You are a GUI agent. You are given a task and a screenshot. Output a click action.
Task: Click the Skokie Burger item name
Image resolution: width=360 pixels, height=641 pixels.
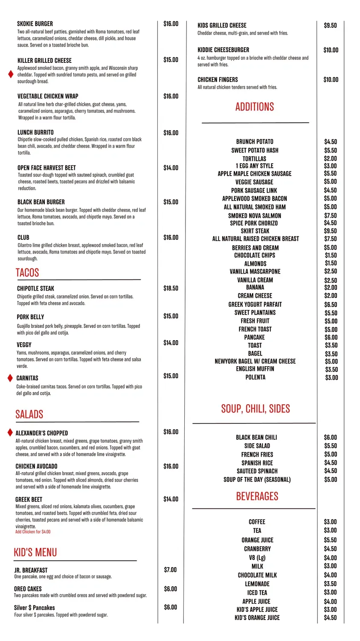pyautogui.click(x=35, y=24)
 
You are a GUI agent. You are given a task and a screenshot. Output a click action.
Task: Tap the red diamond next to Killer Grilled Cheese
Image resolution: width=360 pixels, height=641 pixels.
pyautogui.click(x=11, y=74)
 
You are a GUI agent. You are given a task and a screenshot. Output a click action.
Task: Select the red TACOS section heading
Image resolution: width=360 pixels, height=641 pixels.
pyautogui.click(x=27, y=273)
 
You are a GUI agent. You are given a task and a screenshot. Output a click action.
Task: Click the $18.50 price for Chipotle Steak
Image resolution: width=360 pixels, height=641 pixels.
pyautogui.click(x=171, y=288)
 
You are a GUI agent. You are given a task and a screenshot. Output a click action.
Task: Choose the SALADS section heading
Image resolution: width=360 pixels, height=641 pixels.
pyautogui.click(x=29, y=414)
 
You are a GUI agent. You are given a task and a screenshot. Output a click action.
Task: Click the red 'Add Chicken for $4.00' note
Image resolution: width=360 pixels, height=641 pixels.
pyautogui.click(x=33, y=532)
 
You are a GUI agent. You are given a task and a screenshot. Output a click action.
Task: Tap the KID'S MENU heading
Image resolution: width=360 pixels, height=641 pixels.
pyautogui.click(x=35, y=553)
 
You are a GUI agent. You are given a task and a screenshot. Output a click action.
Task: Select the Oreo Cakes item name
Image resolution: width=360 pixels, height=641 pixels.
pyautogui.click(x=28, y=589)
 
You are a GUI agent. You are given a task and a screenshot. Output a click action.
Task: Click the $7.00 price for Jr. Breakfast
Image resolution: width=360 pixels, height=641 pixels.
pyautogui.click(x=170, y=570)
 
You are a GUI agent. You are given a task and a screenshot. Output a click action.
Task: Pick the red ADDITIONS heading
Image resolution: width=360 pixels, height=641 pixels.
pyautogui.click(x=255, y=107)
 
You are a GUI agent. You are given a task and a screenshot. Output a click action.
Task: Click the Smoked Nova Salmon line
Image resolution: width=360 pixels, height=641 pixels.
pyautogui.click(x=255, y=216)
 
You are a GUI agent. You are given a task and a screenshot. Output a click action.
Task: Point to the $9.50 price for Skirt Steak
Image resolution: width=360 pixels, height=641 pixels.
pyautogui.click(x=330, y=231)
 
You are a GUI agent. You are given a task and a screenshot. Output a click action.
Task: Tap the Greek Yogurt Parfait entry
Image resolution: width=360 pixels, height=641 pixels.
pyautogui.click(x=255, y=305)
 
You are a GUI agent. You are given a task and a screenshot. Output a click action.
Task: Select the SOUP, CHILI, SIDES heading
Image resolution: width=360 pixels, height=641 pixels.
pyautogui.click(x=255, y=409)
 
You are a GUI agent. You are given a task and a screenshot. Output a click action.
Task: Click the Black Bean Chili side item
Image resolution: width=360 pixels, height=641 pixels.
pyautogui.click(x=256, y=438)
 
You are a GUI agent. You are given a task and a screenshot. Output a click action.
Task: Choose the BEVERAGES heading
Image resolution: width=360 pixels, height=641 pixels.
pyautogui.click(x=257, y=497)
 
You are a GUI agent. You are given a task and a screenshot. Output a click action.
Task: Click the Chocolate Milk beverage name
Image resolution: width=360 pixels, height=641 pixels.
pyautogui.click(x=257, y=575)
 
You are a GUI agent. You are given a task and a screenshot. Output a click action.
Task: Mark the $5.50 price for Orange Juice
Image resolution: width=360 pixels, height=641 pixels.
pyautogui.click(x=330, y=540)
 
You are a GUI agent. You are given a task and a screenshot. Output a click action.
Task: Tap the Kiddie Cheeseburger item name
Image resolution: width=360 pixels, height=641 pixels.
pyautogui.click(x=224, y=50)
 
